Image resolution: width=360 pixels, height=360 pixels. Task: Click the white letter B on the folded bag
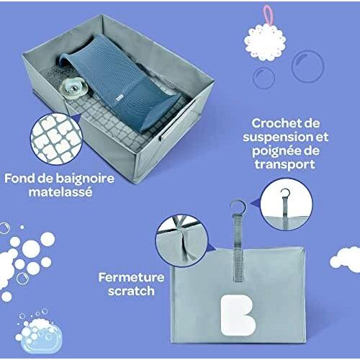[x=237, y=315]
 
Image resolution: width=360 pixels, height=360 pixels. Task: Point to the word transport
[x=285, y=165]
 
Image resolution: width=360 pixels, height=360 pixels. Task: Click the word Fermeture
[x=131, y=278]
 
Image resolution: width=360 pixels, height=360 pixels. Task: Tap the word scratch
[x=131, y=291]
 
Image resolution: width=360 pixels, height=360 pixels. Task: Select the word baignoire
[x=85, y=179]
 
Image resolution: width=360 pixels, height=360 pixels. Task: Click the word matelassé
[x=60, y=192]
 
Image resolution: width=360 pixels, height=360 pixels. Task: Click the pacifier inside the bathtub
[x=71, y=88]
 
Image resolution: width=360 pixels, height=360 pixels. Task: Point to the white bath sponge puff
[x=265, y=42]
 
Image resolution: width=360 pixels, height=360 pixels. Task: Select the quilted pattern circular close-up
[x=56, y=139]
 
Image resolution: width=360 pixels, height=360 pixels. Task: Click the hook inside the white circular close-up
[x=284, y=193]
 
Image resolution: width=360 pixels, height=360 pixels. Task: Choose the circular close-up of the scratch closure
[x=181, y=241]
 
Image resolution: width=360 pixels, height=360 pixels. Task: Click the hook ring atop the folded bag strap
[x=238, y=207]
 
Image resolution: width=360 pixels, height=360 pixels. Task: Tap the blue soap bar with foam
[x=39, y=332]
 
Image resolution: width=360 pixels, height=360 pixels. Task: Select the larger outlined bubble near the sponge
[x=307, y=66]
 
